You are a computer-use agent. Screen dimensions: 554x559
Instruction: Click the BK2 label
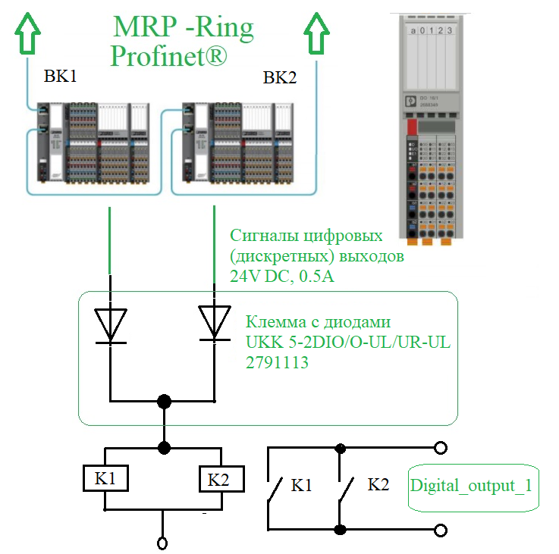280,78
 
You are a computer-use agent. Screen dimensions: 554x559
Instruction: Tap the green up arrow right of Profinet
318,36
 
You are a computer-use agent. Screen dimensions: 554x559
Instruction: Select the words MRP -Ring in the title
183,27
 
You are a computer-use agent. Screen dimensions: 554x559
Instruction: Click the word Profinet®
168,56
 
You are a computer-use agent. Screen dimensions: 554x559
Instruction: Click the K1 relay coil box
105,479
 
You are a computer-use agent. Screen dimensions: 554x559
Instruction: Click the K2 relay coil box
218,479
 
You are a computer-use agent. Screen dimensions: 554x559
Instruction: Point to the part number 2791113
277,362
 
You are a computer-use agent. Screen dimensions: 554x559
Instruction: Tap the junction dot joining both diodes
162,400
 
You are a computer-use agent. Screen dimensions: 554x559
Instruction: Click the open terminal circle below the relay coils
162,543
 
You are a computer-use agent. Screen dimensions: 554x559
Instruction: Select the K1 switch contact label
302,486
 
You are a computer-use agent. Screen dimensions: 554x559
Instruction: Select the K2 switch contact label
378,485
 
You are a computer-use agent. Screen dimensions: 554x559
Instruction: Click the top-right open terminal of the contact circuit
438,448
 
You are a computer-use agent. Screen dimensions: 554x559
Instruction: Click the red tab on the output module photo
412,125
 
